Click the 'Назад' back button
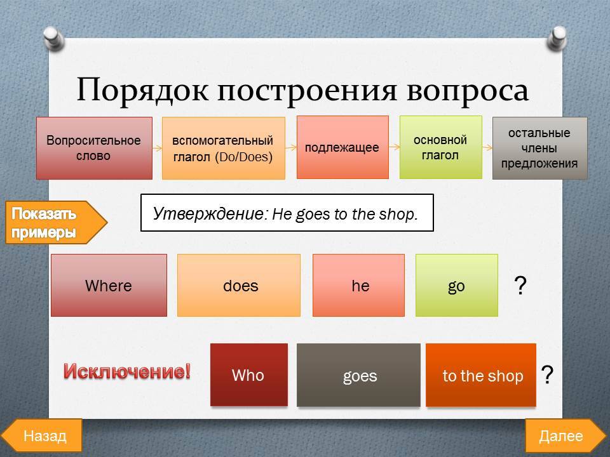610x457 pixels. click(x=42, y=435)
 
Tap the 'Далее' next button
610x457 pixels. click(x=565, y=435)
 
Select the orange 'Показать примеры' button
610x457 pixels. click(x=55, y=223)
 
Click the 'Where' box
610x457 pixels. click(x=109, y=285)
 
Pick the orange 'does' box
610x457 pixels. click(x=239, y=285)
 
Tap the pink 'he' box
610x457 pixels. click(x=358, y=285)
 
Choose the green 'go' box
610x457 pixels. click(x=457, y=285)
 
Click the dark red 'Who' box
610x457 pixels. click(x=249, y=375)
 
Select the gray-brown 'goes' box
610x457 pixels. click(x=358, y=375)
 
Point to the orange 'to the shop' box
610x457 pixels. click(x=481, y=375)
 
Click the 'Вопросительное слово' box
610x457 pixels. click(x=94, y=148)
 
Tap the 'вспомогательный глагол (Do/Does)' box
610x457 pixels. click(x=223, y=148)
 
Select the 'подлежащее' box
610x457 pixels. click(x=342, y=147)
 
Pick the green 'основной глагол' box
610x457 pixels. click(x=441, y=147)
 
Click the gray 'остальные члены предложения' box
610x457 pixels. click(x=540, y=148)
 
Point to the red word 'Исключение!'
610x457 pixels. click(x=127, y=371)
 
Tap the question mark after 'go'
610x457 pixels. click(x=520, y=286)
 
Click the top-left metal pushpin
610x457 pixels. click(x=53, y=39)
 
